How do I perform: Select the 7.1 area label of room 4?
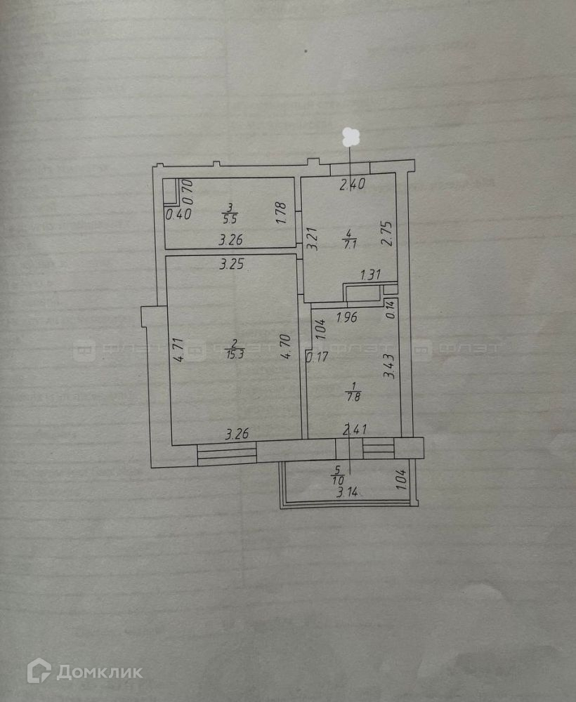(x=349, y=244)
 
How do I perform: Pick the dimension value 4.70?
(x=285, y=347)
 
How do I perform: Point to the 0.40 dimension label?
(x=178, y=214)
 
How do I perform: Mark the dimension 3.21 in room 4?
(x=313, y=239)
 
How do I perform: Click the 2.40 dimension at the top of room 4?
(x=352, y=185)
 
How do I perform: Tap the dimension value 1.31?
(x=372, y=274)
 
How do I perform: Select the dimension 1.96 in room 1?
(x=347, y=317)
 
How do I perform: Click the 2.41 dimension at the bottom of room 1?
(x=353, y=430)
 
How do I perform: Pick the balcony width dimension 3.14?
(x=348, y=493)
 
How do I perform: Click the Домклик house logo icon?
(x=39, y=671)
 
